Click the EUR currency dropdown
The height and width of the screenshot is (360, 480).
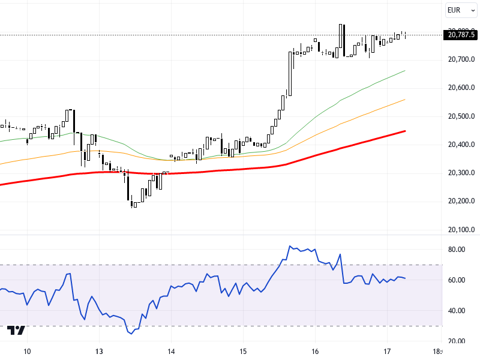pyautogui.click(x=461, y=10)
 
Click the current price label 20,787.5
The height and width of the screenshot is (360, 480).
pyautogui.click(x=461, y=35)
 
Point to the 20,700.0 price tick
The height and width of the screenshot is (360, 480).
pyautogui.click(x=461, y=59)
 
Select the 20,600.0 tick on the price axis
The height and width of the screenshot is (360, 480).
pyautogui.click(x=461, y=88)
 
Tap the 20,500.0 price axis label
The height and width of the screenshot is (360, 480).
pyautogui.click(x=461, y=116)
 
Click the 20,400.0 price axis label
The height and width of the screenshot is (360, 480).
pyautogui.click(x=461, y=145)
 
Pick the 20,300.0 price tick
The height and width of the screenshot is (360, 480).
pyautogui.click(x=461, y=173)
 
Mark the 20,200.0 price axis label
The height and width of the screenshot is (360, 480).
pyautogui.click(x=461, y=201)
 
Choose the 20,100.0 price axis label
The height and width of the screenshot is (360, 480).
pyautogui.click(x=461, y=229)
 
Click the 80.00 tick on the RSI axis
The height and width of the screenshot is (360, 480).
pyautogui.click(x=456, y=250)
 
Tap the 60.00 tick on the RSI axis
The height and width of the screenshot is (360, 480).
pyautogui.click(x=456, y=280)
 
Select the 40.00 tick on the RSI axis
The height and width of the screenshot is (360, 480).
pyautogui.click(x=456, y=311)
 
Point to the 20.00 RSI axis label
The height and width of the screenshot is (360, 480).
pyautogui.click(x=456, y=341)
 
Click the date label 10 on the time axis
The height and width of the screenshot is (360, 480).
pyautogui.click(x=27, y=352)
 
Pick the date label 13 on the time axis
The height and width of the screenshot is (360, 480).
pyautogui.click(x=99, y=352)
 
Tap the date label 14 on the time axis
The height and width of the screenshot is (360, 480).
pyautogui.click(x=171, y=352)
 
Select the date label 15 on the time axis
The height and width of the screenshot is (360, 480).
pyautogui.click(x=243, y=352)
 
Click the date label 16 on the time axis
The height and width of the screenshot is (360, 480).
pyautogui.click(x=315, y=352)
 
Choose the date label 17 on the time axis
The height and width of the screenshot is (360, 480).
pyautogui.click(x=387, y=352)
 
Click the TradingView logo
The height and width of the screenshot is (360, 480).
pyautogui.click(x=16, y=331)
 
